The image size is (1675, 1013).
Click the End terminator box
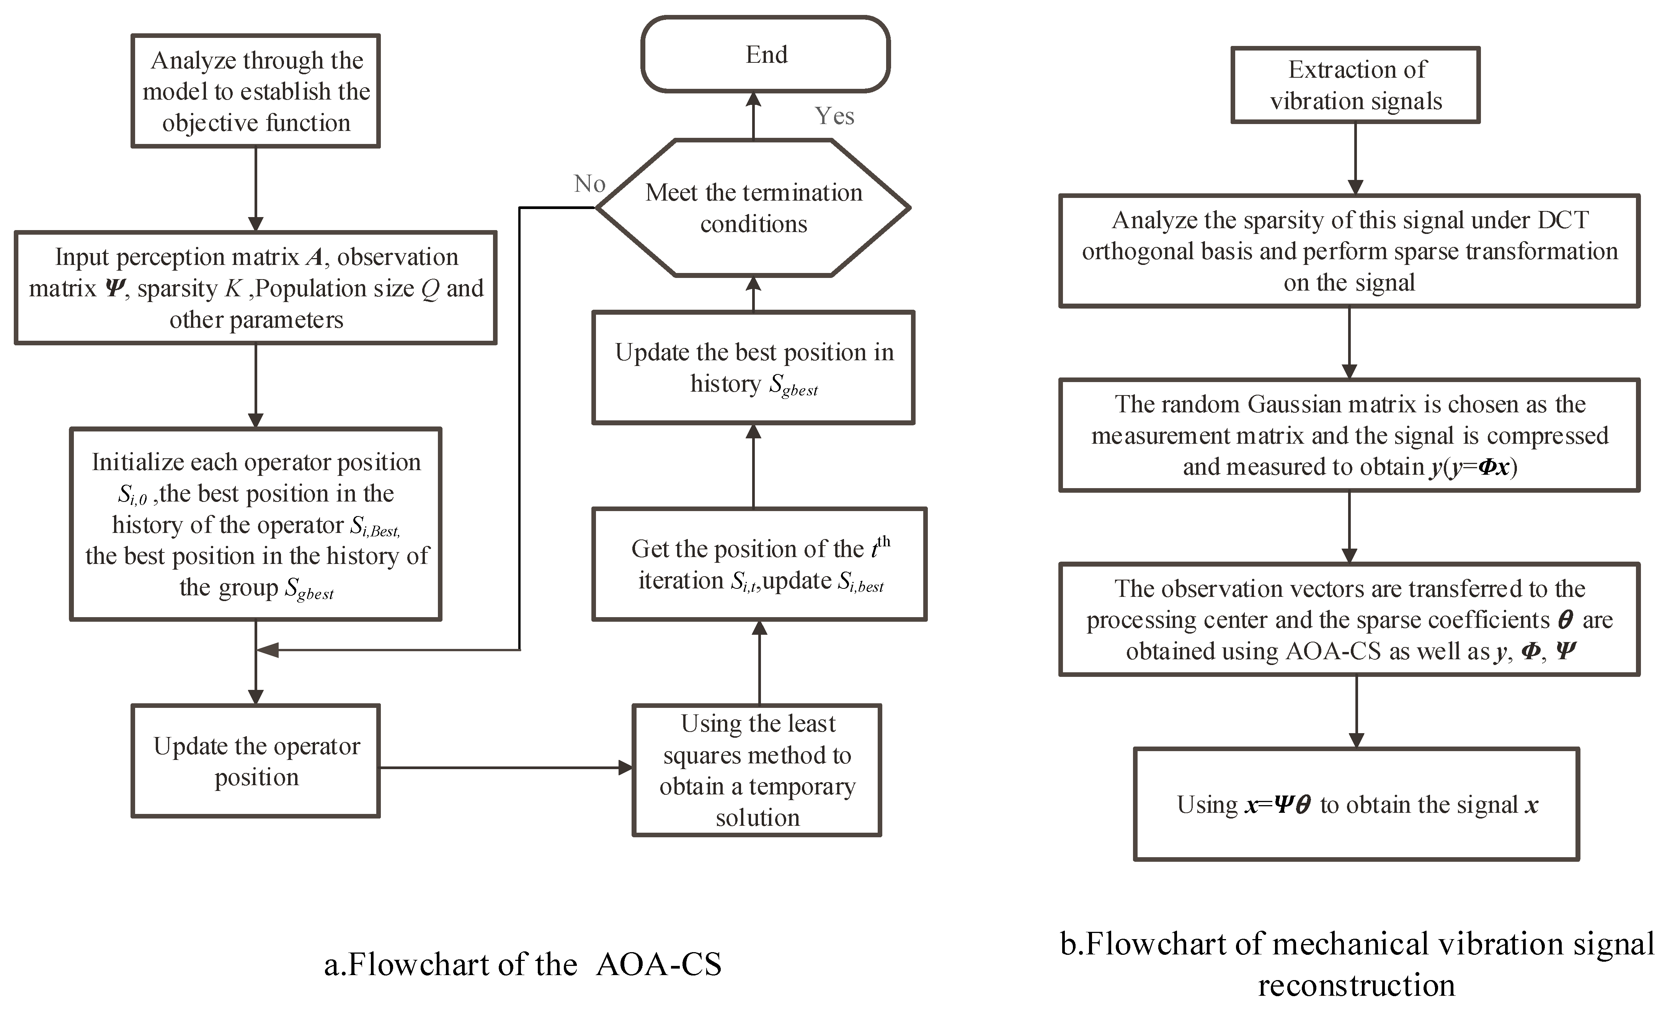pos(766,54)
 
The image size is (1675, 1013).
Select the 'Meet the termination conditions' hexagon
pos(753,208)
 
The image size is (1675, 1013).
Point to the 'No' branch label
pos(589,183)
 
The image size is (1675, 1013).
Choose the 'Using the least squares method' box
pos(757,770)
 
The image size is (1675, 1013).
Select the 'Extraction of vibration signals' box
pos(1355,85)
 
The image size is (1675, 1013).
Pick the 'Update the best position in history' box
pos(753,368)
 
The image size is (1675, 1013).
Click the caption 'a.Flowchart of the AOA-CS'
pos(522,964)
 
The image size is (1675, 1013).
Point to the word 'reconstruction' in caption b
pos(1356,985)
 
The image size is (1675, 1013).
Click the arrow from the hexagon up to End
pos(753,116)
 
